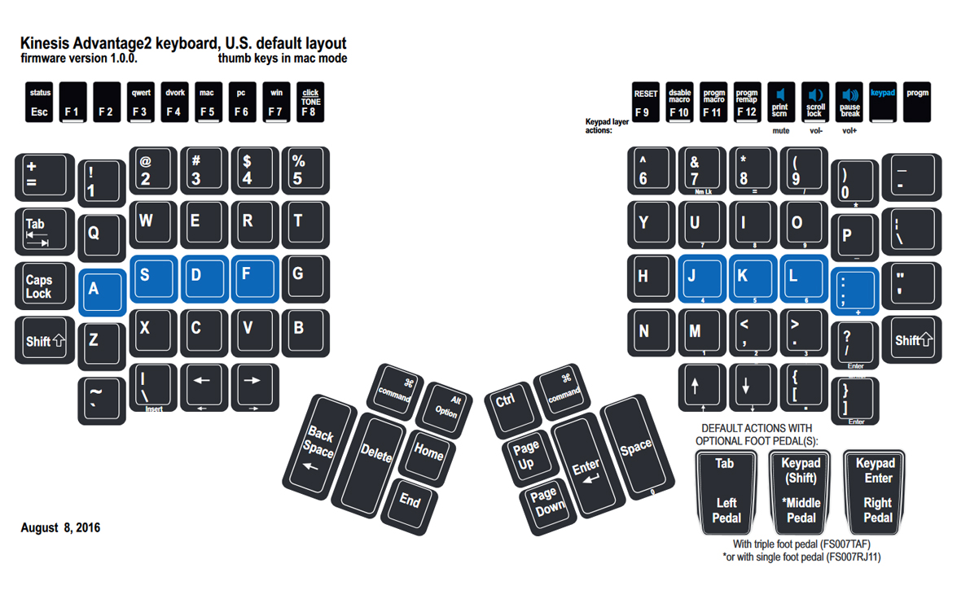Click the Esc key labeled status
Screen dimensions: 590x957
(39, 103)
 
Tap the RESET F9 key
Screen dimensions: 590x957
(645, 103)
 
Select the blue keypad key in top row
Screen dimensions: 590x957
(883, 103)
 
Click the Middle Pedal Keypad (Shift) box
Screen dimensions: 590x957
(801, 490)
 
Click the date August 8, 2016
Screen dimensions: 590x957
(60, 528)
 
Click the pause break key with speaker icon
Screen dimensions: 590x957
(849, 103)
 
